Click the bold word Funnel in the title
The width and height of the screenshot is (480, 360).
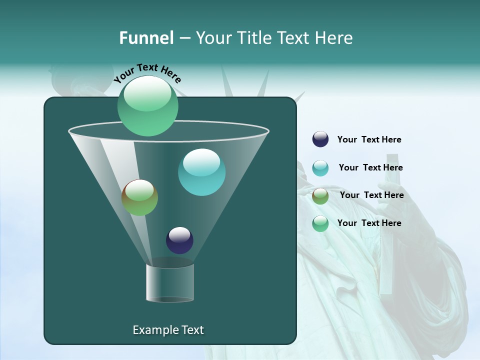pyautogui.click(x=146, y=38)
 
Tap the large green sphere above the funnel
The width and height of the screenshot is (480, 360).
pyautogui.click(x=147, y=105)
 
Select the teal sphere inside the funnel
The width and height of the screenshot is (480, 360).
pyautogui.click(x=201, y=172)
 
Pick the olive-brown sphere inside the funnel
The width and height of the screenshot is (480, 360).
pyautogui.click(x=139, y=197)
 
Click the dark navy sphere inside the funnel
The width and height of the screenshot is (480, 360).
pyautogui.click(x=179, y=240)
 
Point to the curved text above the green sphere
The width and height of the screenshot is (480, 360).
pyautogui.click(x=147, y=73)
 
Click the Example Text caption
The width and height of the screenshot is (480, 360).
pyautogui.click(x=168, y=330)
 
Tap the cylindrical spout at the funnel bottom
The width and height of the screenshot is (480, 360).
pyautogui.click(x=170, y=282)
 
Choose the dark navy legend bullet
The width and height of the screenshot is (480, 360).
pyautogui.click(x=320, y=139)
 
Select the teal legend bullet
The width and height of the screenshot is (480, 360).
pyautogui.click(x=320, y=168)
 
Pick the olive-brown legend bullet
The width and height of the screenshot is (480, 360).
pyautogui.click(x=320, y=196)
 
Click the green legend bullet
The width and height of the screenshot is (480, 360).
pyautogui.click(x=320, y=223)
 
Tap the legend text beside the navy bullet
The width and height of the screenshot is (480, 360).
pyautogui.click(x=369, y=139)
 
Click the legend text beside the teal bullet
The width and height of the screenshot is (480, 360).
pyautogui.click(x=370, y=167)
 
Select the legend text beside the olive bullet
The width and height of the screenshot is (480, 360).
pyautogui.click(x=371, y=195)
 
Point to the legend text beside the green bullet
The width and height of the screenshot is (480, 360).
pyautogui.click(x=369, y=223)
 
